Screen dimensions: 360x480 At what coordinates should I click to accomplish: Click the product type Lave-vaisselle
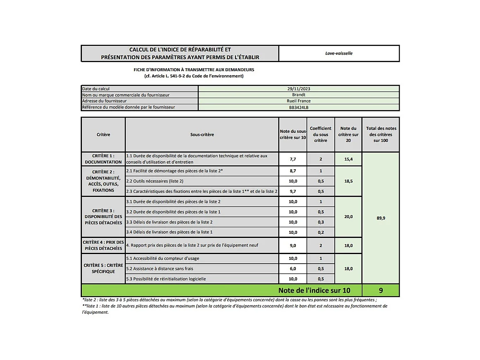coord(338,53)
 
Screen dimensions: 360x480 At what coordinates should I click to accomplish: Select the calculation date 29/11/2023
coord(298,89)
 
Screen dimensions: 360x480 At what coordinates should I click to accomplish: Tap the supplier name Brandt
coord(298,95)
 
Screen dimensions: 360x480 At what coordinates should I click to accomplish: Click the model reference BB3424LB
coord(298,108)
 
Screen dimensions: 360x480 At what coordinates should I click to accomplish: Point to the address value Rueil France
coord(298,101)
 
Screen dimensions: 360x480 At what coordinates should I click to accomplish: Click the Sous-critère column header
coord(202,134)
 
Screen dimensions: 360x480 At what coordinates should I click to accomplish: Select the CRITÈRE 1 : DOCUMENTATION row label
coord(103,159)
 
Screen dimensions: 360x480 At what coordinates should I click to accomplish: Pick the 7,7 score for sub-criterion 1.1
coord(293,159)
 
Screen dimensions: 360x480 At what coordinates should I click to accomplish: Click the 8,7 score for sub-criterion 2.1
coord(293,171)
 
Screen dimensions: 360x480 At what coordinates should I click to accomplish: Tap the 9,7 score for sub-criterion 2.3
coord(293,191)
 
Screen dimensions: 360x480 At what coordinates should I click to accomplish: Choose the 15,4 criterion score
coord(348,159)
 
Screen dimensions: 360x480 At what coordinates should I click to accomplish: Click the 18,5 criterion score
coord(348,181)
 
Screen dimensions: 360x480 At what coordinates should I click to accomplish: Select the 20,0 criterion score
coord(348,217)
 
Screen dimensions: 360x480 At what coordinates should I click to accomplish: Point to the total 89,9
coord(381,218)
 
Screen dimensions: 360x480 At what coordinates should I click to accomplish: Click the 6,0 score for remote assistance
coord(293,269)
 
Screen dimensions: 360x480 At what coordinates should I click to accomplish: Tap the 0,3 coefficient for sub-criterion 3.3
coord(321,222)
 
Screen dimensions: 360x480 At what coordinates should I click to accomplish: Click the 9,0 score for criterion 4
coord(293,245)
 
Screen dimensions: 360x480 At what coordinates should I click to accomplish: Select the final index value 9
coord(381,290)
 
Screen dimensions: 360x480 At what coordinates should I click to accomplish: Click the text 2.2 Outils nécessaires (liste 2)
coord(155,181)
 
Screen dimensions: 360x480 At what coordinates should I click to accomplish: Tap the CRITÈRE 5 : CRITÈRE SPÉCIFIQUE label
coord(103,268)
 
